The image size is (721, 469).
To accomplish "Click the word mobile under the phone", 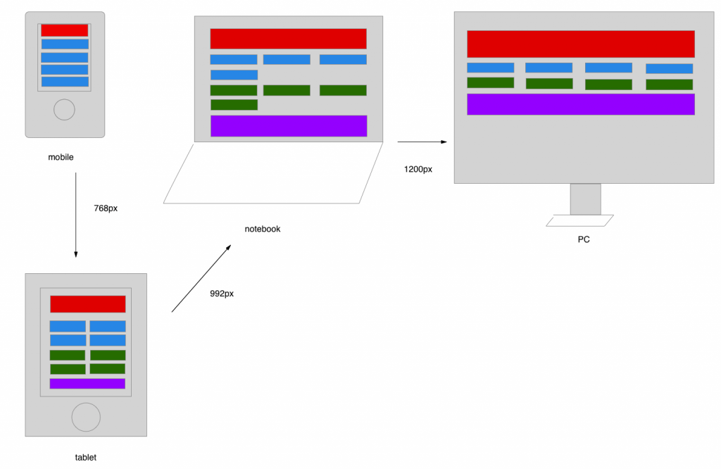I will pos(61,157).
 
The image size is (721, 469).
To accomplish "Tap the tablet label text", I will pos(85,457).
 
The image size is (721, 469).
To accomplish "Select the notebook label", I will pos(262,229).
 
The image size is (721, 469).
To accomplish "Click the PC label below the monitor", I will pos(584,239).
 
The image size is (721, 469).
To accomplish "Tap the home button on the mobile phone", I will pos(64,110).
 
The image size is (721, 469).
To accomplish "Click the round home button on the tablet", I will pos(86,417).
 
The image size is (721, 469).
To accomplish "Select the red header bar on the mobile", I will pos(65,30).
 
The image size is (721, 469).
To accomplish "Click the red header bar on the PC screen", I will pos(580,44).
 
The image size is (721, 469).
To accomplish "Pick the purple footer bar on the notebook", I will pos(289,126).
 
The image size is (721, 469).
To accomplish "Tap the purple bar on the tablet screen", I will pos(87,384).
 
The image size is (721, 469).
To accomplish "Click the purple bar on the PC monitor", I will pos(580,104).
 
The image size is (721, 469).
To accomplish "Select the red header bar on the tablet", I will pos(87,304).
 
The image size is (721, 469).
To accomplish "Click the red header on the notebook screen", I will pos(288,39).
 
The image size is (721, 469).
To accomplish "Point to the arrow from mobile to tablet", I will pos(75,215).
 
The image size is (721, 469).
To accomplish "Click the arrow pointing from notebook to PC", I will pos(422,142).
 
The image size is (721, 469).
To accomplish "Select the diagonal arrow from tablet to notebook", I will pos(201,278).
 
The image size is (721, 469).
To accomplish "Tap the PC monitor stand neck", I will pos(585,199).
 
